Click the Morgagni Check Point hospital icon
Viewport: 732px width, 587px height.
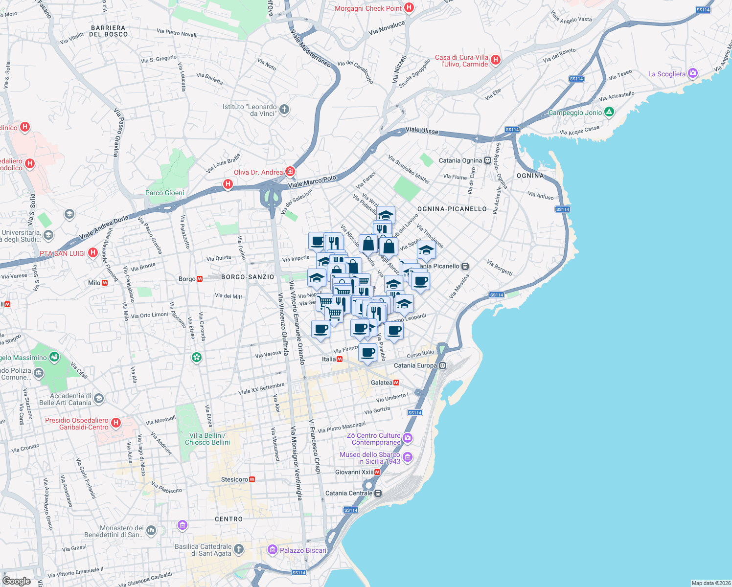click(x=410, y=8)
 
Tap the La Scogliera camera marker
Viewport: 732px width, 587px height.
click(x=692, y=74)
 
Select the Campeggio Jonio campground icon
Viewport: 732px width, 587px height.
click(x=609, y=113)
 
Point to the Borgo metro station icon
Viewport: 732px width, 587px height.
click(x=200, y=279)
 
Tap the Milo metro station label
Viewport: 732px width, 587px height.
click(x=94, y=283)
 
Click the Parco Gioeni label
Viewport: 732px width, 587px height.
click(x=164, y=193)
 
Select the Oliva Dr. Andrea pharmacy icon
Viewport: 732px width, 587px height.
click(x=290, y=171)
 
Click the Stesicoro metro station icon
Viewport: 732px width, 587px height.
click(x=252, y=479)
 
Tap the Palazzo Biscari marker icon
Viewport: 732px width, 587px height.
click(x=273, y=550)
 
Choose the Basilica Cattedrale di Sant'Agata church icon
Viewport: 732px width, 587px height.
click(x=238, y=549)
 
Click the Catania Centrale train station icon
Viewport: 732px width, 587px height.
click(x=378, y=493)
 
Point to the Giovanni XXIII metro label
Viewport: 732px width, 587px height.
click(x=354, y=472)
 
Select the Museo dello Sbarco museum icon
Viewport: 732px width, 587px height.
click(x=407, y=457)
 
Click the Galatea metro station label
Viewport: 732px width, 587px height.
click(x=382, y=383)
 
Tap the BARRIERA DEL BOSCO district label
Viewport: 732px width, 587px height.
click(x=108, y=31)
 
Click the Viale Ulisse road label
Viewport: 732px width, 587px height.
click(x=422, y=131)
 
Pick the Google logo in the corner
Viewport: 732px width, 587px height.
click(x=17, y=581)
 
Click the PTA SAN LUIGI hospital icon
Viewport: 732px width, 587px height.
click(x=92, y=253)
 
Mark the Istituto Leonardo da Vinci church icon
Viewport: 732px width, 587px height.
click(x=284, y=109)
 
